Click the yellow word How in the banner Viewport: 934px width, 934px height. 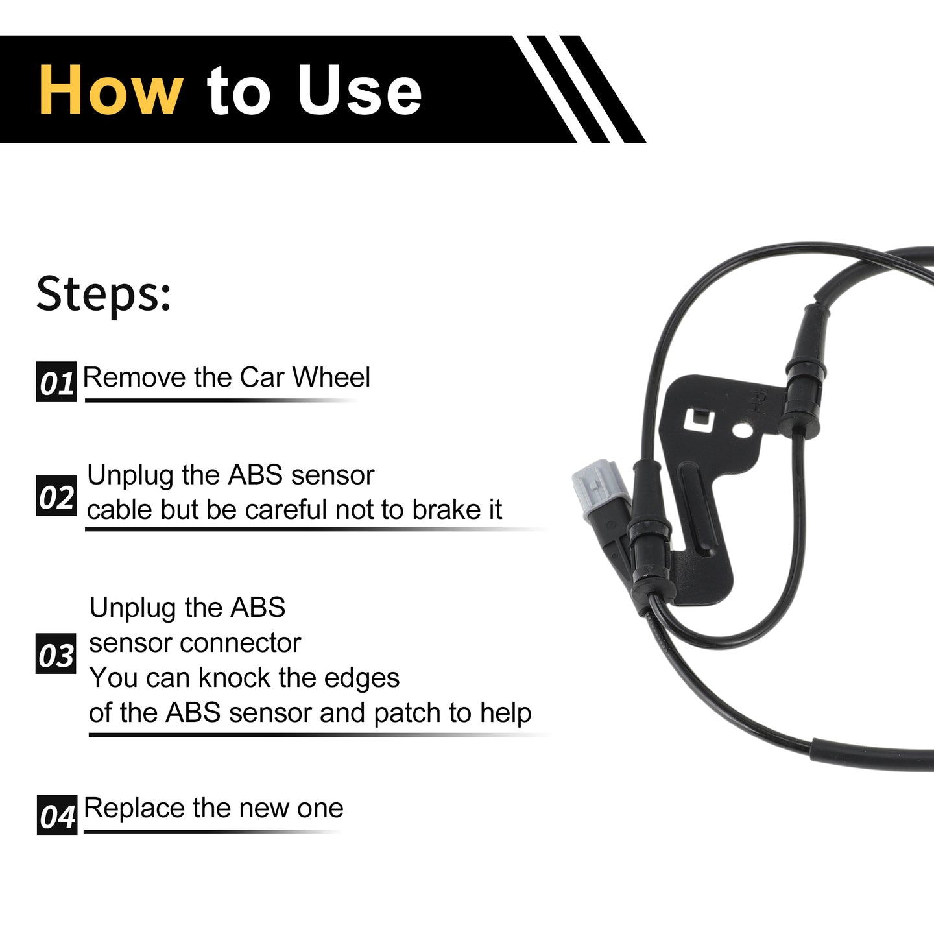(111, 90)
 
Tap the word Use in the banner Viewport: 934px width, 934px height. (359, 90)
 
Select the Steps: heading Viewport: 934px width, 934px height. (104, 294)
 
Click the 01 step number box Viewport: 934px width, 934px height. (56, 381)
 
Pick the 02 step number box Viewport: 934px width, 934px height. (56, 496)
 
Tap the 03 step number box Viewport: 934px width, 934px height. (56, 653)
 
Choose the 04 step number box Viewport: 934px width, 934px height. (57, 815)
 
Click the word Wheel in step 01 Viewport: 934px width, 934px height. (331, 377)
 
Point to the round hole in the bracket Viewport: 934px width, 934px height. (741, 430)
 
